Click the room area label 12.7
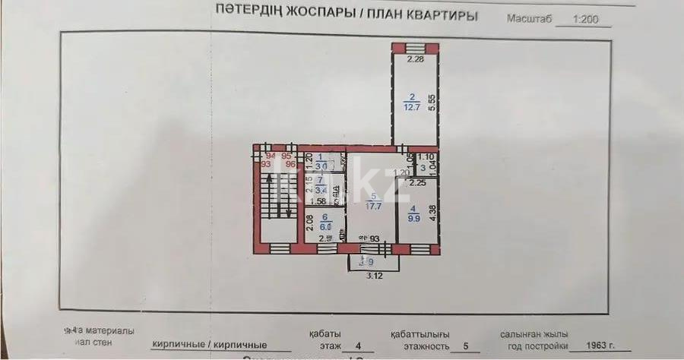[x=412, y=107]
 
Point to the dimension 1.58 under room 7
[x=320, y=201]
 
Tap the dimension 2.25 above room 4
[x=417, y=182]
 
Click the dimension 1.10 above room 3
[x=425, y=157]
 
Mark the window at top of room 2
[x=414, y=48]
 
